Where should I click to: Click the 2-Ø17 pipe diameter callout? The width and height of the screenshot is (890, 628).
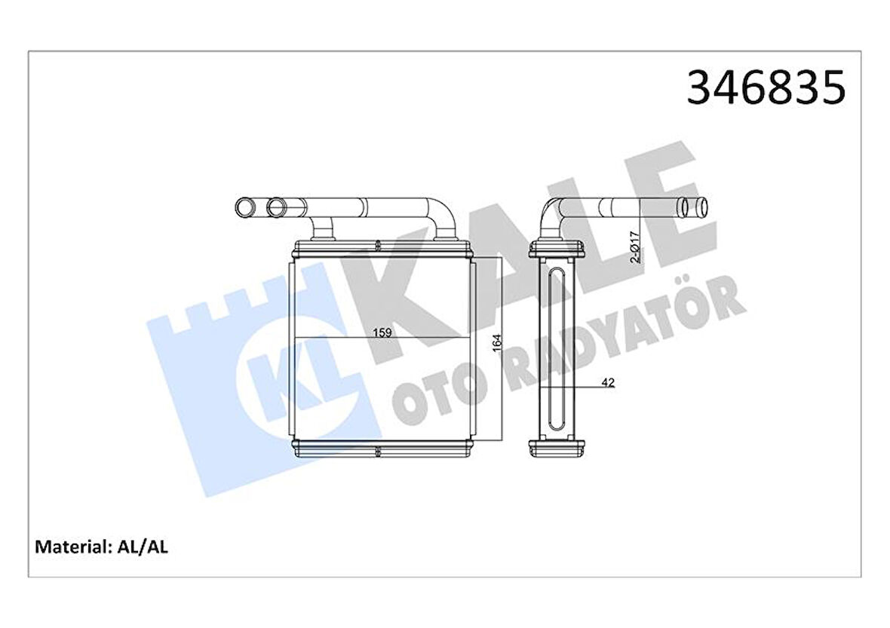point(636,246)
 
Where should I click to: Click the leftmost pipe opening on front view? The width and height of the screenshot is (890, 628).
point(246,205)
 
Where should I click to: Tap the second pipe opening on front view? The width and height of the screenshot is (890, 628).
point(276,205)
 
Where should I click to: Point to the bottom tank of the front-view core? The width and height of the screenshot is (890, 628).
point(380,449)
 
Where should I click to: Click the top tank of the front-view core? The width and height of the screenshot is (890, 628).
point(380,247)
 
